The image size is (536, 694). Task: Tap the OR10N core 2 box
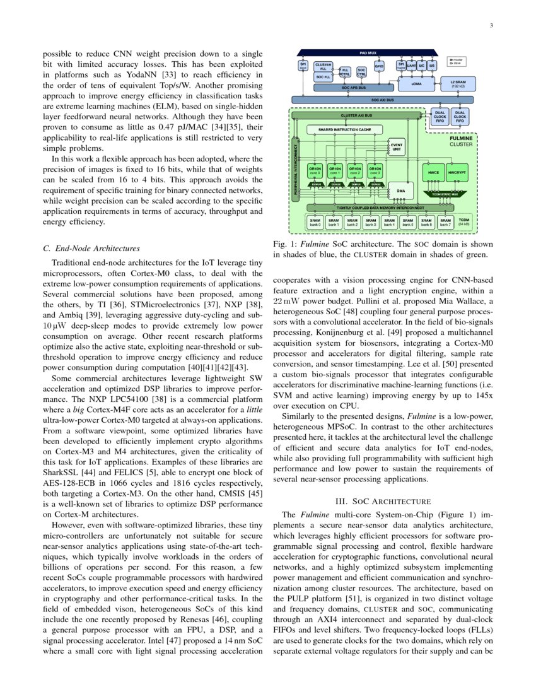(x=355, y=171)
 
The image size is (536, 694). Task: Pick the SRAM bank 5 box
(x=408, y=222)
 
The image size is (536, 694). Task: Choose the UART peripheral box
(x=411, y=65)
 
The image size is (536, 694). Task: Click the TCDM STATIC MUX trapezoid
(x=444, y=193)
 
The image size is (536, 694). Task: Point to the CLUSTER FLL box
(x=323, y=65)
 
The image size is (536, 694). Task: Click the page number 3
(x=489, y=26)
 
